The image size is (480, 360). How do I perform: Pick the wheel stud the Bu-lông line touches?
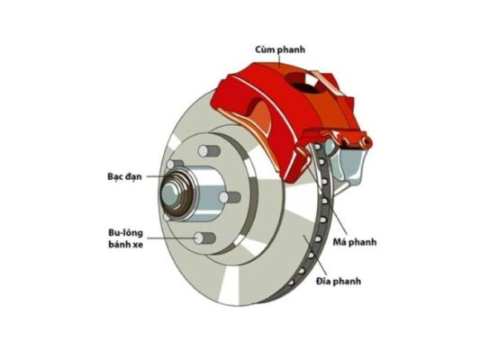[x=202, y=238]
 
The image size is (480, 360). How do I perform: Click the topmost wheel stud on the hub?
[x=208, y=149]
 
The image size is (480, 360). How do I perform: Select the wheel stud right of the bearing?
[x=231, y=196]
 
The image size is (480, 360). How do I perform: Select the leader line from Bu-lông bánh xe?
[x=171, y=238]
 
